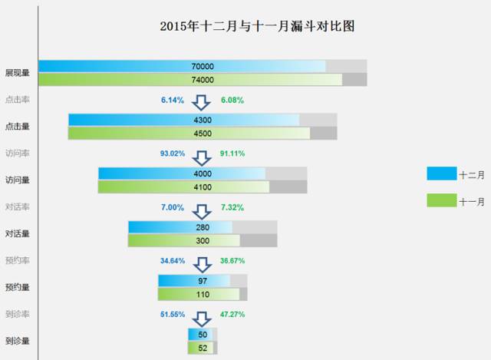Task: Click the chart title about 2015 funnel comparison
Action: [257, 26]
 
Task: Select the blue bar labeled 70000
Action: [182, 66]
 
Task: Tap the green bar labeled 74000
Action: [190, 80]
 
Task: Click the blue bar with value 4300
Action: [184, 120]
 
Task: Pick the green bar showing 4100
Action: [183, 187]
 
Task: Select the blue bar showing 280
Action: [180, 227]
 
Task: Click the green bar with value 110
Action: [199, 295]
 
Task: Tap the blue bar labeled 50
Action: [200, 335]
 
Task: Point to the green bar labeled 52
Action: [201, 348]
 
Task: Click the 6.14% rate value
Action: [173, 101]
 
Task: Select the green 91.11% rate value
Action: [232, 154]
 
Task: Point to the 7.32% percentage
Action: [232, 207]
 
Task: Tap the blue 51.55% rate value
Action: [173, 314]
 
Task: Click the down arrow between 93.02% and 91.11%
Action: [202, 158]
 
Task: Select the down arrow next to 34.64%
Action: [203, 265]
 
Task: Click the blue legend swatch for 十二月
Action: [442, 173]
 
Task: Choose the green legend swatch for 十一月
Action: [442, 200]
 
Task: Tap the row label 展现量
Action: [18, 73]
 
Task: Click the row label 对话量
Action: [18, 234]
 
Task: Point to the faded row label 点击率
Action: [18, 100]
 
